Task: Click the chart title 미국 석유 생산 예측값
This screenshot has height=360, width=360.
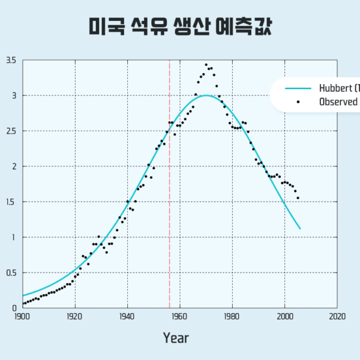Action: (x=180, y=26)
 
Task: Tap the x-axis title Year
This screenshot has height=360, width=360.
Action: (x=175, y=338)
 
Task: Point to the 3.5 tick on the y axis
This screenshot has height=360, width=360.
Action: (x=11, y=61)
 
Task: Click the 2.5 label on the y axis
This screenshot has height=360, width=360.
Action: (x=11, y=131)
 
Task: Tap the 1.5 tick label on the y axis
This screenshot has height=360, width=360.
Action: (x=11, y=202)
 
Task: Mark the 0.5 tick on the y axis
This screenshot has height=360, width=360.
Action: (x=11, y=273)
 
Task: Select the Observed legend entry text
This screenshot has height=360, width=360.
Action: (x=339, y=101)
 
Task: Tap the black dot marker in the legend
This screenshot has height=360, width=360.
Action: (x=298, y=101)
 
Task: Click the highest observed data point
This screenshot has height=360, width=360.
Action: (x=206, y=65)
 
